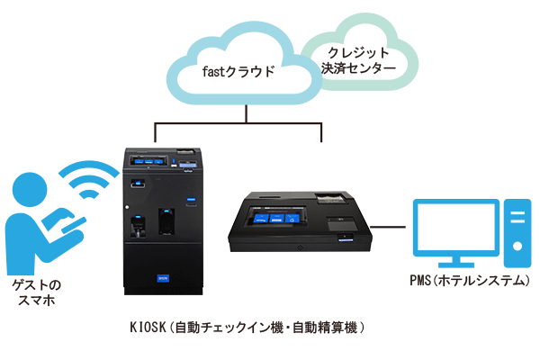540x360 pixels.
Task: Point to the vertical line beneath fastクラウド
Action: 247,111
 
